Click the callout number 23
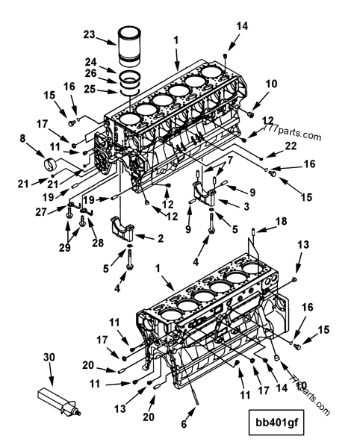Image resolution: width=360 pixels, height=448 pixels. [89, 35]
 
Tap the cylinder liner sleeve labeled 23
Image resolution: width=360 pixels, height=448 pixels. [129, 46]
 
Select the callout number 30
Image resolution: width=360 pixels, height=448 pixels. [49, 357]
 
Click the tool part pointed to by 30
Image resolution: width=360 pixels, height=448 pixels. [59, 401]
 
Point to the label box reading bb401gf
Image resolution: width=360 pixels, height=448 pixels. [276, 423]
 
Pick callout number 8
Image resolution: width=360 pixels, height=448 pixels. [22, 138]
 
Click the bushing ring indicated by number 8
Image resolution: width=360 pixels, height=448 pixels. [50, 165]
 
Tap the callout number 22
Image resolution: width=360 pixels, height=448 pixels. [291, 146]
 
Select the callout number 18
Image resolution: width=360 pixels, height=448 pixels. [281, 221]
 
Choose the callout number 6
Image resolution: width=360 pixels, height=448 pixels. [184, 424]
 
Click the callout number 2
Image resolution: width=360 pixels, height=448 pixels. [161, 238]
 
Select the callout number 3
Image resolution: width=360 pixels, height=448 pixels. [246, 206]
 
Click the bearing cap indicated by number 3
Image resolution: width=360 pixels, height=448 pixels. [204, 193]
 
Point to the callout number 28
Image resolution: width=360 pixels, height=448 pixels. [98, 243]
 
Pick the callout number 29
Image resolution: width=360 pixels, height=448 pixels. [65, 248]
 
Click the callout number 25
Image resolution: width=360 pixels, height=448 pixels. [90, 89]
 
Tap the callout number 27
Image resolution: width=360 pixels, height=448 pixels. [41, 212]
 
